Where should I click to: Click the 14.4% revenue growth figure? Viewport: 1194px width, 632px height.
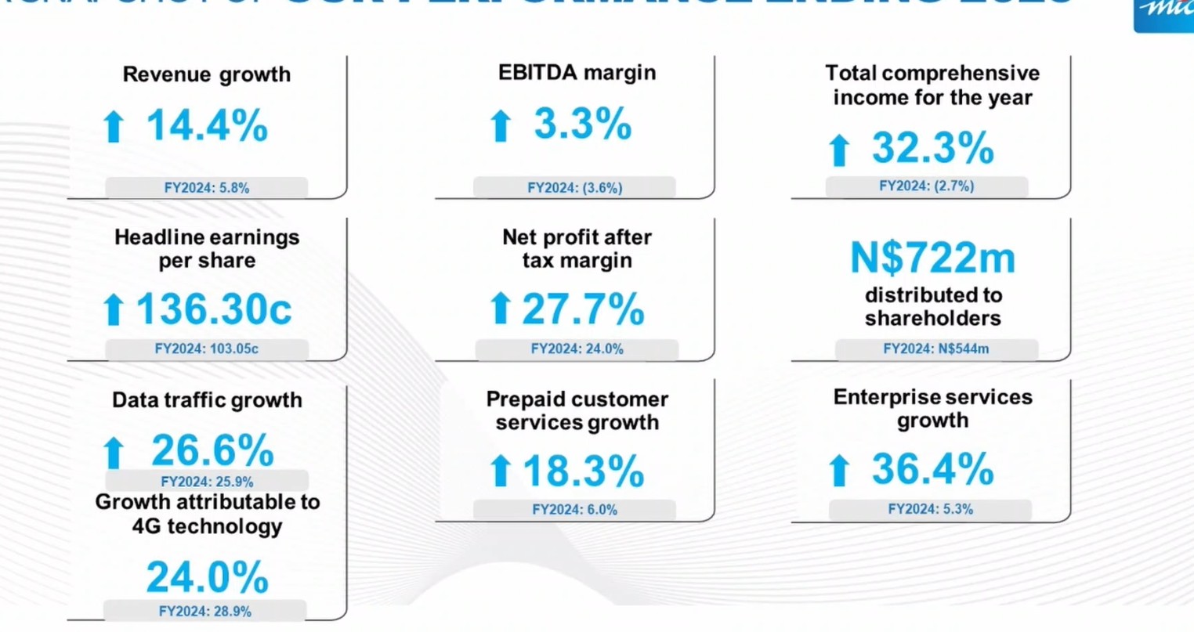click(x=207, y=125)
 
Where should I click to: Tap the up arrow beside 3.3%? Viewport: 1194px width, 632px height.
click(x=501, y=126)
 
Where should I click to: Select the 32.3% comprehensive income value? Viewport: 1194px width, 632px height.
click(x=932, y=148)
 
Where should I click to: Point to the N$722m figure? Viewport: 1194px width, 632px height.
click(x=932, y=258)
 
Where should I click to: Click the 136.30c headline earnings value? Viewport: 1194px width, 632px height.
click(x=214, y=309)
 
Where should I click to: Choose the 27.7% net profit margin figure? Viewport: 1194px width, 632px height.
click(x=583, y=309)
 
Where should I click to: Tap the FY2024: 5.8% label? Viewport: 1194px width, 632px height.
click(x=207, y=188)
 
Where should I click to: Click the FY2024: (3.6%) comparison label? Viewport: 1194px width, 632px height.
click(x=575, y=188)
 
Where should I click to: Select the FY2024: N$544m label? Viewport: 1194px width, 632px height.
click(x=935, y=349)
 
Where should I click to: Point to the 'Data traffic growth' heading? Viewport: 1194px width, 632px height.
click(x=207, y=400)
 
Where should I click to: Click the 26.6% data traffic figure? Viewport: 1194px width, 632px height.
click(x=212, y=450)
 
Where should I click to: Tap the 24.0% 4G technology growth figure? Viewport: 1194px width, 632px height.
click(x=208, y=578)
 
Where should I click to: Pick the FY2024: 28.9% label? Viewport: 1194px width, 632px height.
click(x=205, y=611)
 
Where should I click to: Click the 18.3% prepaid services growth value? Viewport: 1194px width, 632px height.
click(x=583, y=471)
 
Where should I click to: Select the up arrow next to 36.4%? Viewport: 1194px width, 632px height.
click(x=839, y=471)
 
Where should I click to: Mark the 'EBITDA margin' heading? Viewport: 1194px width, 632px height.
click(x=577, y=73)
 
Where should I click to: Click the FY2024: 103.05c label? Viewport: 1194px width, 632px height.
click(x=207, y=349)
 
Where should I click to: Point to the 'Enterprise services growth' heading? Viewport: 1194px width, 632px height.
click(x=932, y=409)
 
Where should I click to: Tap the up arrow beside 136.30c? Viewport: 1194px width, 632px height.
click(x=114, y=310)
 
